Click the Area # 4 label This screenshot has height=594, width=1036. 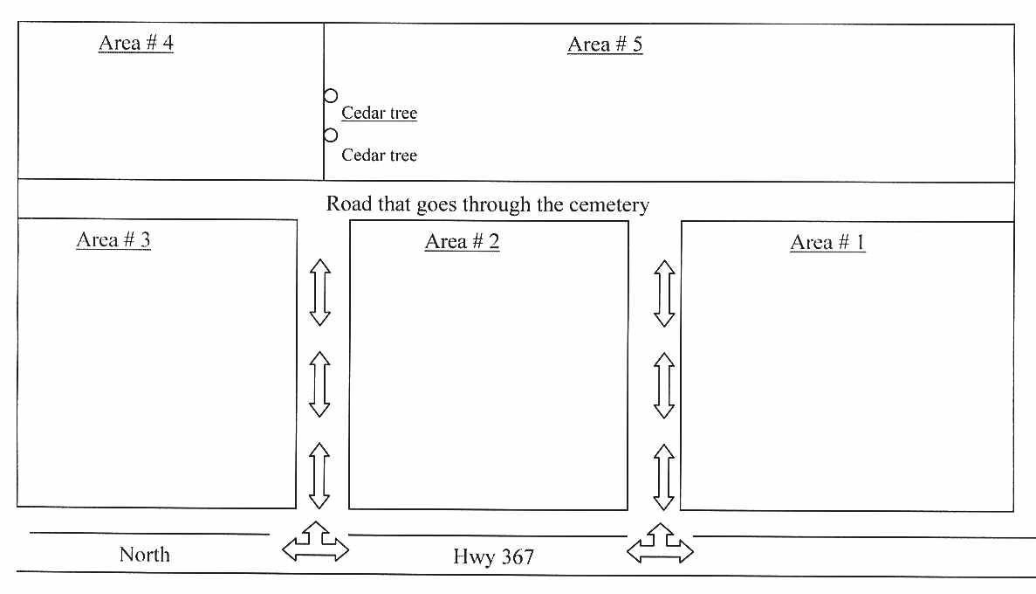click(135, 43)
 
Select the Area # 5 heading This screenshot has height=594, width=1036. click(605, 45)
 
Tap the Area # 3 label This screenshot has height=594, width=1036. click(113, 239)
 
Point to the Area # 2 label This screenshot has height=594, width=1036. click(462, 241)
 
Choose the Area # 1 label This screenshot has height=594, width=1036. click(827, 242)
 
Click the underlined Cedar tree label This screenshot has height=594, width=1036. click(379, 113)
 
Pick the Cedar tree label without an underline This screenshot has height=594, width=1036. click(379, 155)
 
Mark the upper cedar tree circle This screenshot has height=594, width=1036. click(330, 96)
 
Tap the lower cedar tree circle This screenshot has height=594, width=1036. click(330, 135)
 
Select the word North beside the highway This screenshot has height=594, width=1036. click(145, 555)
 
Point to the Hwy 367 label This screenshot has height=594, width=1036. click(493, 556)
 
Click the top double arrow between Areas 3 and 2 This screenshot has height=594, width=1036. click(320, 293)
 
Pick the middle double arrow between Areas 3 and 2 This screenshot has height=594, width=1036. click(320, 384)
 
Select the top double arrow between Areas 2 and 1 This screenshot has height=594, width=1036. click(665, 294)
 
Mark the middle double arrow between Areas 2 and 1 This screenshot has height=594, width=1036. click(665, 385)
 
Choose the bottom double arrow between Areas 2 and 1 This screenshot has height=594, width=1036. click(665, 477)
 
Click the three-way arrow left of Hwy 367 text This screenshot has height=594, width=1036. click(316, 542)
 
